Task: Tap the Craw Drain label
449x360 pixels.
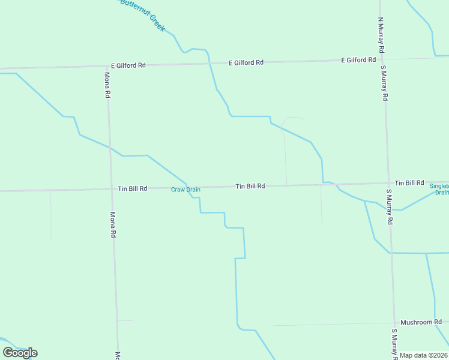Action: click(x=185, y=190)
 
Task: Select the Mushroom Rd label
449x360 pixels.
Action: click(x=417, y=322)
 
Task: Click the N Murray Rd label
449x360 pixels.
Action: click(x=381, y=32)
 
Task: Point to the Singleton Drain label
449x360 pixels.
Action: click(x=439, y=189)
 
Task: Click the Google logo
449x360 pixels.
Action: click(x=20, y=353)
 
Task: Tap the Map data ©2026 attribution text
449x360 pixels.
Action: click(x=424, y=355)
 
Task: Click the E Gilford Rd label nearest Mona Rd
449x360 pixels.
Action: click(x=128, y=65)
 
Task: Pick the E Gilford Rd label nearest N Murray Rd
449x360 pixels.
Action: click(x=358, y=60)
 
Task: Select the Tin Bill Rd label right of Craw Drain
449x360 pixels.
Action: click(x=250, y=187)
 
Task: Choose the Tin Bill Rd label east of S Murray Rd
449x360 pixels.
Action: click(x=409, y=182)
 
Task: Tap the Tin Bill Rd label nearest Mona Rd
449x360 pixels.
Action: click(x=132, y=188)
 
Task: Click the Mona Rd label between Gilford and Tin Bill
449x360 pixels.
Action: click(x=107, y=85)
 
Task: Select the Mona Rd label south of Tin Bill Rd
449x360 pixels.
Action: click(x=112, y=225)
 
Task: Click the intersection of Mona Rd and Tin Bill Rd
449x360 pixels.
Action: click(x=111, y=189)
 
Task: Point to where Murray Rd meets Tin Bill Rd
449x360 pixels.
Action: click(x=388, y=183)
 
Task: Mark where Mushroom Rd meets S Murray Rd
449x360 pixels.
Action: click(x=394, y=323)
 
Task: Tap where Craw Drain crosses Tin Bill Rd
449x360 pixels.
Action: click(x=188, y=187)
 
